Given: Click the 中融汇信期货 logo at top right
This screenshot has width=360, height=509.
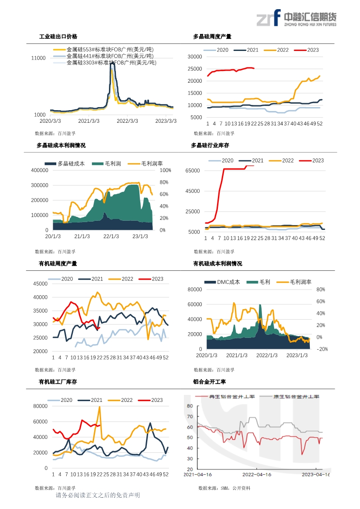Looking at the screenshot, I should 296,19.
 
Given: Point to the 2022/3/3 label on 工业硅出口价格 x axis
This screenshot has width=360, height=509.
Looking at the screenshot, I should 128,121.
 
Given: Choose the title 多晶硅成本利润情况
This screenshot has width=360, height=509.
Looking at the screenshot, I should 61,145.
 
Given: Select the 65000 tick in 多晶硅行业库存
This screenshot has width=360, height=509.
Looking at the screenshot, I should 194,171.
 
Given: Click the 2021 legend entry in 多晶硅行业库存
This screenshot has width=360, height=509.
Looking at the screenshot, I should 258,161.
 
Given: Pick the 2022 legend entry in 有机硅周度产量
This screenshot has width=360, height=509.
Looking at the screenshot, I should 127,279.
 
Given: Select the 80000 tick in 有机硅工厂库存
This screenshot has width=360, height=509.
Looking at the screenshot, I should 41,406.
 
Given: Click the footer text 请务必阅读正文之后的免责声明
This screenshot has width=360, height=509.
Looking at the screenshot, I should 98,496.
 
